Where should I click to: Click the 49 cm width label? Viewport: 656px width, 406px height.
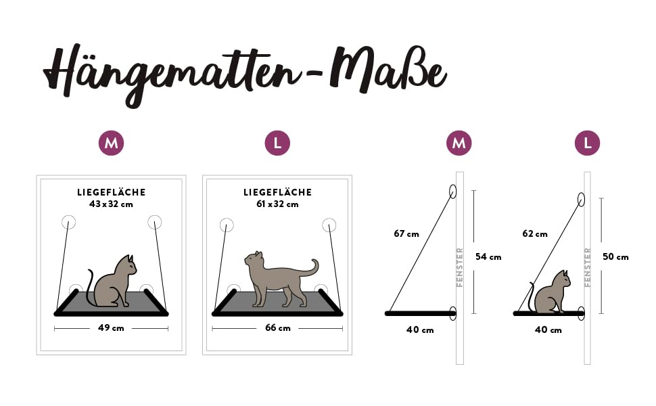click(x=111, y=328)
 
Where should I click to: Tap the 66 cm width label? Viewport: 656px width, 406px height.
click(x=277, y=328)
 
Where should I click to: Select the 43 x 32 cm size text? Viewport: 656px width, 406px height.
click(x=111, y=204)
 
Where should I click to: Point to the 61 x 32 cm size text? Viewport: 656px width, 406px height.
click(x=277, y=204)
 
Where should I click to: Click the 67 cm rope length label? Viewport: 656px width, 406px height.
click(x=406, y=234)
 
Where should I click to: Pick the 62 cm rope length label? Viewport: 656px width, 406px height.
click(x=535, y=234)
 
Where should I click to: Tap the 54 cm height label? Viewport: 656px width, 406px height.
click(x=488, y=256)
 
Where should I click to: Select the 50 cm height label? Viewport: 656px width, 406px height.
click(x=615, y=256)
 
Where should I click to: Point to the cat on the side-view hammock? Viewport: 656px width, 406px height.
click(x=549, y=293)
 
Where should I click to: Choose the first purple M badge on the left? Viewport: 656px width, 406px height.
click(x=112, y=143)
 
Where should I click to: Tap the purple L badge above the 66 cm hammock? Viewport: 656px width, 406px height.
click(x=277, y=143)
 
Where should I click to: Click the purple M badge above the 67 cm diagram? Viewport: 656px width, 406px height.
click(x=459, y=143)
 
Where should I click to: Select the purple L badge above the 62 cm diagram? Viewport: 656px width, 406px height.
click(x=588, y=143)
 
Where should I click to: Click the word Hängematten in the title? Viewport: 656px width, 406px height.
click(x=172, y=73)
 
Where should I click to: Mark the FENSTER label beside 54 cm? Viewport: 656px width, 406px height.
click(x=460, y=267)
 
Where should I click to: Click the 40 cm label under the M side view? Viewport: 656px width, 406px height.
click(x=420, y=330)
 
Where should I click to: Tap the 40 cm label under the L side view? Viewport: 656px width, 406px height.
click(x=548, y=330)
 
